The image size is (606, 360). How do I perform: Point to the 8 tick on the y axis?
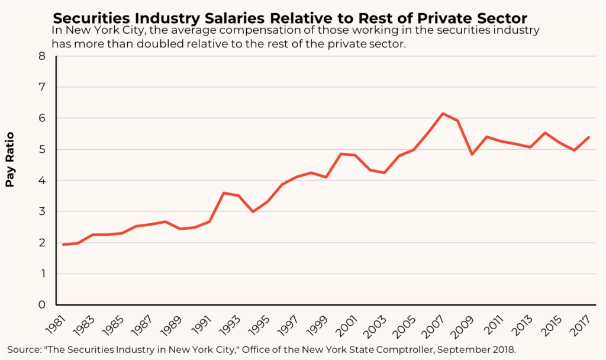41,56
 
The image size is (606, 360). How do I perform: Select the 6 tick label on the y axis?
41,118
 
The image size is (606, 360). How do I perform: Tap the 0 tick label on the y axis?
41,305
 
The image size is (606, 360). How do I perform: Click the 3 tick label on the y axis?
41,212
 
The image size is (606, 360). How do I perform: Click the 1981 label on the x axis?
54,323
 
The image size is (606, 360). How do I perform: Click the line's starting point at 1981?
63,245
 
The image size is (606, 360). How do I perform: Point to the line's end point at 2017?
588,137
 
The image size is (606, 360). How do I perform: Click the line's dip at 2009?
472,154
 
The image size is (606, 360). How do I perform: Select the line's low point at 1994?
253,211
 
